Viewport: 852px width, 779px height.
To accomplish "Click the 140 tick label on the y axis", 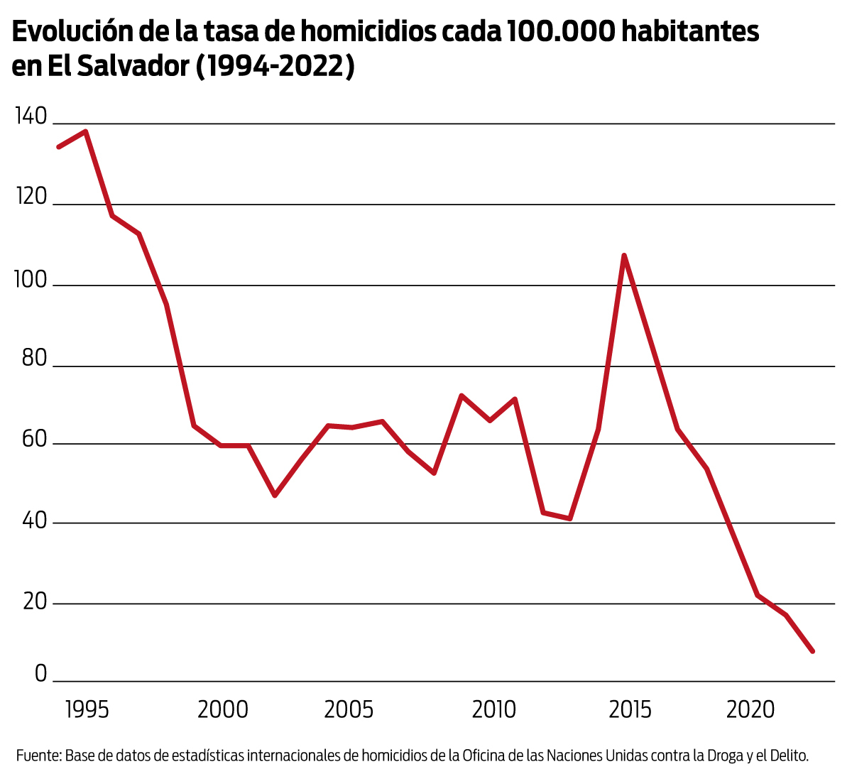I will coord(31,116).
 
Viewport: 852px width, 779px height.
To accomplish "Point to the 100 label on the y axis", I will coord(31,280).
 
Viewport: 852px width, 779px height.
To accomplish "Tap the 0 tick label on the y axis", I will coord(40,673).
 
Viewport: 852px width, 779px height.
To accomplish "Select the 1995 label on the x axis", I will coord(87,709).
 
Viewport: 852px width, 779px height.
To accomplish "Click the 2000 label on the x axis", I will coord(223,709).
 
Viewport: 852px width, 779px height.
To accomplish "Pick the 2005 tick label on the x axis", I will coord(349,709).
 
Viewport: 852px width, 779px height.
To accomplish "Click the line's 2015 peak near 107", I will coord(623,255).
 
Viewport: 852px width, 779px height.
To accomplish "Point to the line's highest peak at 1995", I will coord(85,131).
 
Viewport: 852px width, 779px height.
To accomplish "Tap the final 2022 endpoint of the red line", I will coord(812,650).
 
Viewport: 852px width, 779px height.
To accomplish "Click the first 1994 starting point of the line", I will coord(58,147).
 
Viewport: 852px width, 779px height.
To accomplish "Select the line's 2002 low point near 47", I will coord(275,495).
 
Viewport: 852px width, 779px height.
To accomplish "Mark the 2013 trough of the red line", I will coord(570,518).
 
